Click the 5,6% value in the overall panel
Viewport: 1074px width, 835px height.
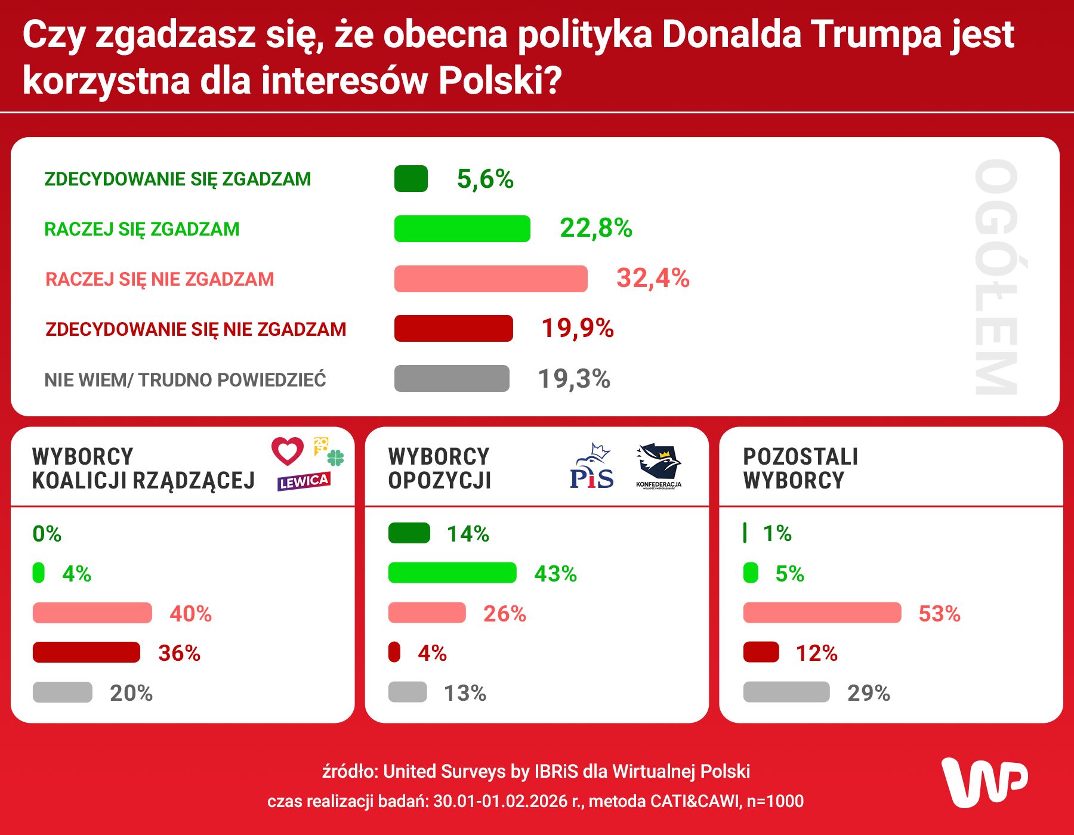pyautogui.click(x=484, y=179)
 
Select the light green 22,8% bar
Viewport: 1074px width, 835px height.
pyautogui.click(x=462, y=228)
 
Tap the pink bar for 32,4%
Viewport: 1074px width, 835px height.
pyautogui.click(x=490, y=279)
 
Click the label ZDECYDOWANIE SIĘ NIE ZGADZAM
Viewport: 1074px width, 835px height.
pyautogui.click(x=196, y=329)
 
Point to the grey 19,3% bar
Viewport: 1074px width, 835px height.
pyautogui.click(x=452, y=379)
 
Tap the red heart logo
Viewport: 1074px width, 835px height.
pyautogui.click(x=288, y=451)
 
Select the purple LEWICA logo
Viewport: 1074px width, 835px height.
pyautogui.click(x=303, y=481)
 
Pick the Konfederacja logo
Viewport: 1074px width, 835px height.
pyautogui.click(x=659, y=466)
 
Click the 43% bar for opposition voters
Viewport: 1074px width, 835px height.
pyautogui.click(x=452, y=573)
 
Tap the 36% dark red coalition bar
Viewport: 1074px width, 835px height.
pyautogui.click(x=87, y=652)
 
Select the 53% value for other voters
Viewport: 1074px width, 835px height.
pyautogui.click(x=939, y=614)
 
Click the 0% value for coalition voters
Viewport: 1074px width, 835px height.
pyautogui.click(x=47, y=534)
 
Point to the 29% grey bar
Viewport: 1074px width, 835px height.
pyautogui.click(x=786, y=692)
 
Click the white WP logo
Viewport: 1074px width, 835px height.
pyautogui.click(x=984, y=783)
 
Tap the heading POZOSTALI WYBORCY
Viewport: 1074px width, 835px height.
pyautogui.click(x=800, y=468)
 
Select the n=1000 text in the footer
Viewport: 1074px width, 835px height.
pyautogui.click(x=775, y=801)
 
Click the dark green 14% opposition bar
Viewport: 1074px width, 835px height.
pyautogui.click(x=409, y=533)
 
